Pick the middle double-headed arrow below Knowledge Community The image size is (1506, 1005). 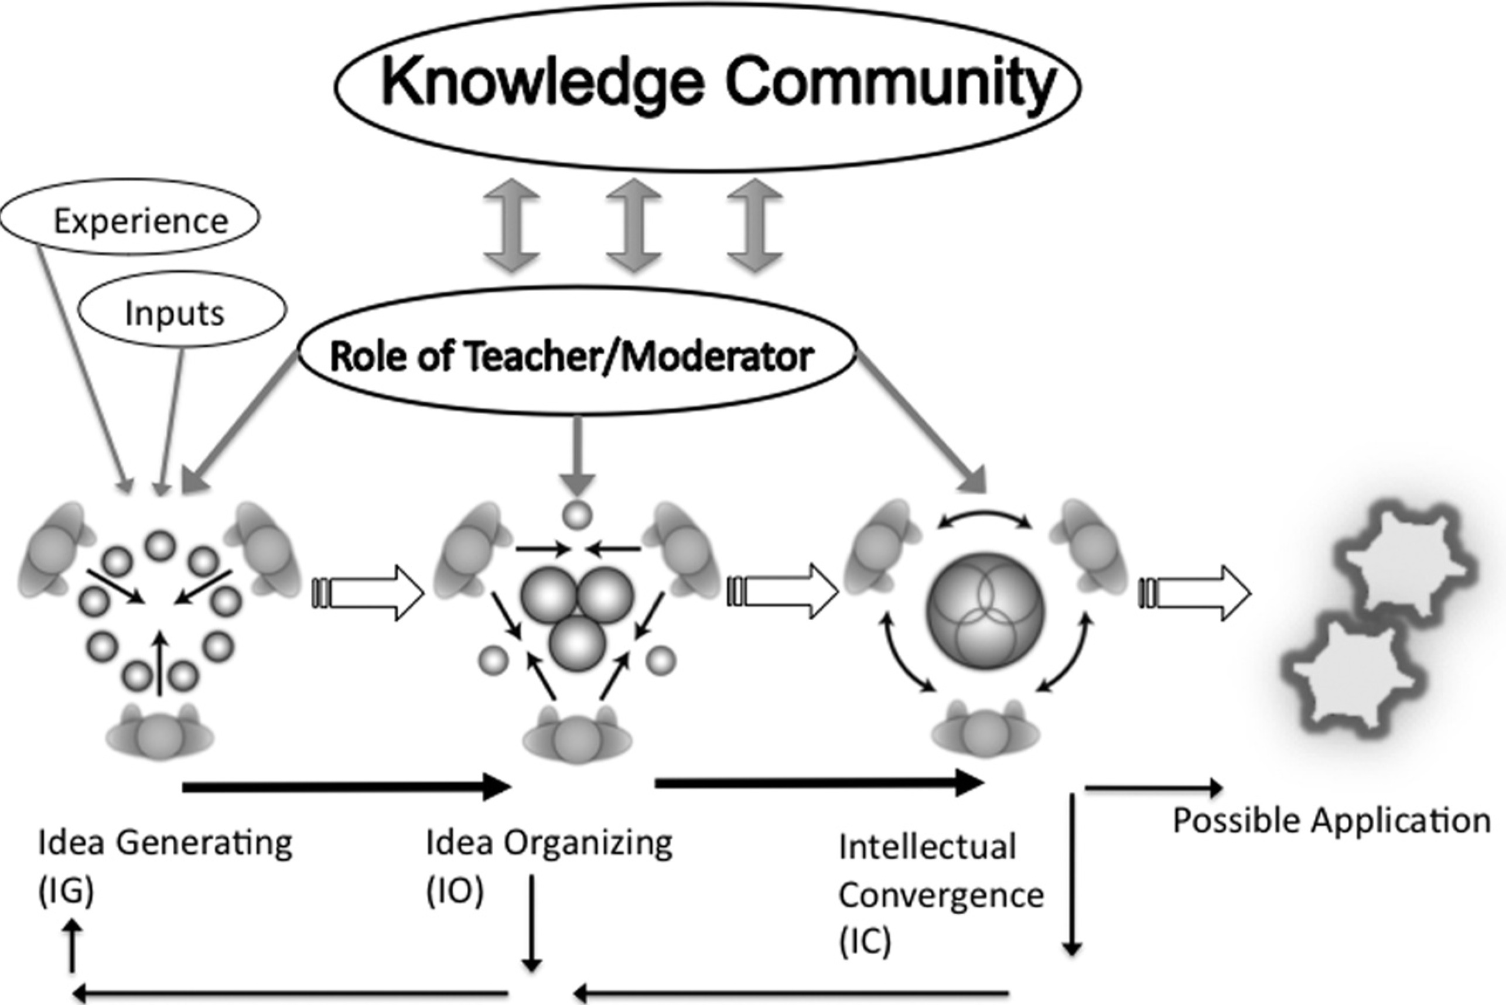pos(633,225)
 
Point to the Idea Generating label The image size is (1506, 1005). pos(165,842)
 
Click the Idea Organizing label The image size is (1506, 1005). pos(549,842)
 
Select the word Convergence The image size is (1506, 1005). pos(941,895)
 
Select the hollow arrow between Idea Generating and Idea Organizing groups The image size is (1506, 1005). pos(368,593)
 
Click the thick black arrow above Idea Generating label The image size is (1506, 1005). pos(346,786)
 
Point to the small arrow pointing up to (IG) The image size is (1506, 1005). pos(73,945)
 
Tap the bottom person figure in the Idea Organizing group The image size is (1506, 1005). pos(577,737)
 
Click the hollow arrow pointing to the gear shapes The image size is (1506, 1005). pos(1195,593)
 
